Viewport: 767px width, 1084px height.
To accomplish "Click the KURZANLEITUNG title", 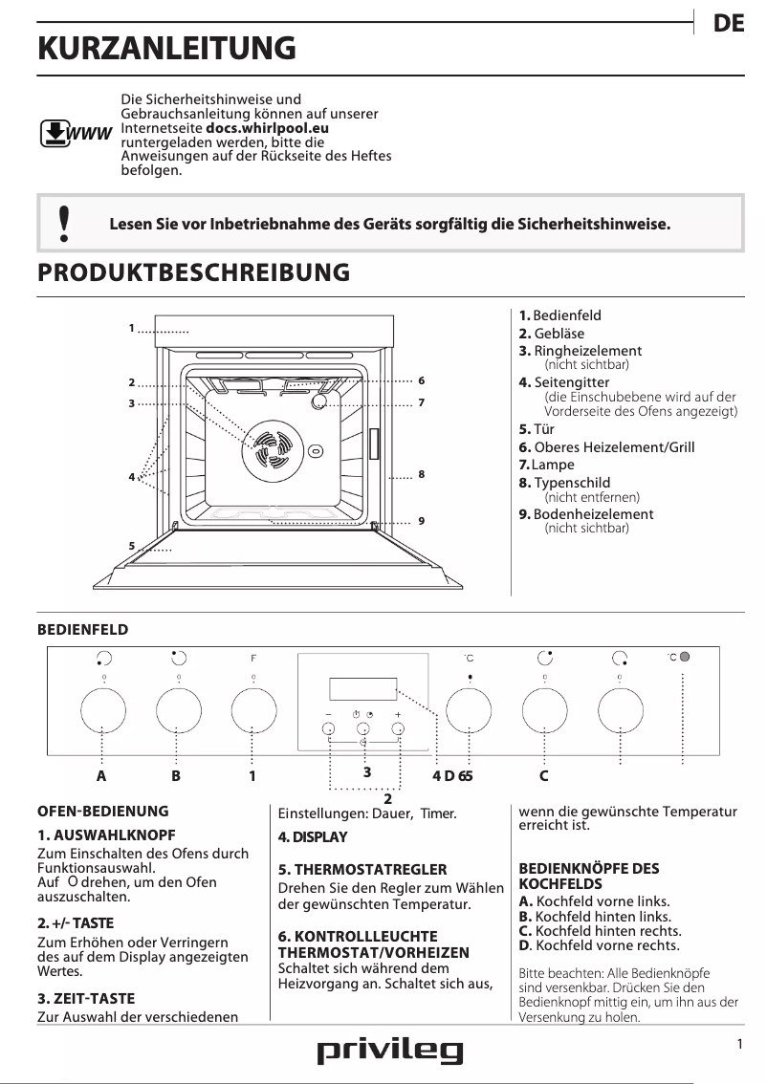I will click(x=165, y=48).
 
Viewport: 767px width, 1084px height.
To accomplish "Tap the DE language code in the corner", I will click(x=729, y=25).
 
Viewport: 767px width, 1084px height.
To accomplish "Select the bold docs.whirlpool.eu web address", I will click(x=267, y=126).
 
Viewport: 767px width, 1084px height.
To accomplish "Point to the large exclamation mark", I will click(x=64, y=223).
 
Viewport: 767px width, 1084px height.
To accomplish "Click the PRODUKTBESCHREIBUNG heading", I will click(x=193, y=272).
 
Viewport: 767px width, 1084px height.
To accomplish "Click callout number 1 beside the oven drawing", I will click(x=131, y=329).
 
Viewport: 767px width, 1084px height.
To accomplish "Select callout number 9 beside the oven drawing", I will click(x=421, y=521).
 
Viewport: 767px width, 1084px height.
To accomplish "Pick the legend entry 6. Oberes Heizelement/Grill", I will click(x=606, y=447).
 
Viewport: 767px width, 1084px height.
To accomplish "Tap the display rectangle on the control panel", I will click(x=362, y=689).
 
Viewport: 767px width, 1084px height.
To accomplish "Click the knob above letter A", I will click(x=102, y=711).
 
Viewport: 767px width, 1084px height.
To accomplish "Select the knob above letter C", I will click(x=544, y=711).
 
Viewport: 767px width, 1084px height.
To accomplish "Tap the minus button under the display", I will click(x=329, y=729).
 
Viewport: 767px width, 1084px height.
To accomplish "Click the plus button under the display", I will click(x=398, y=729).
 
